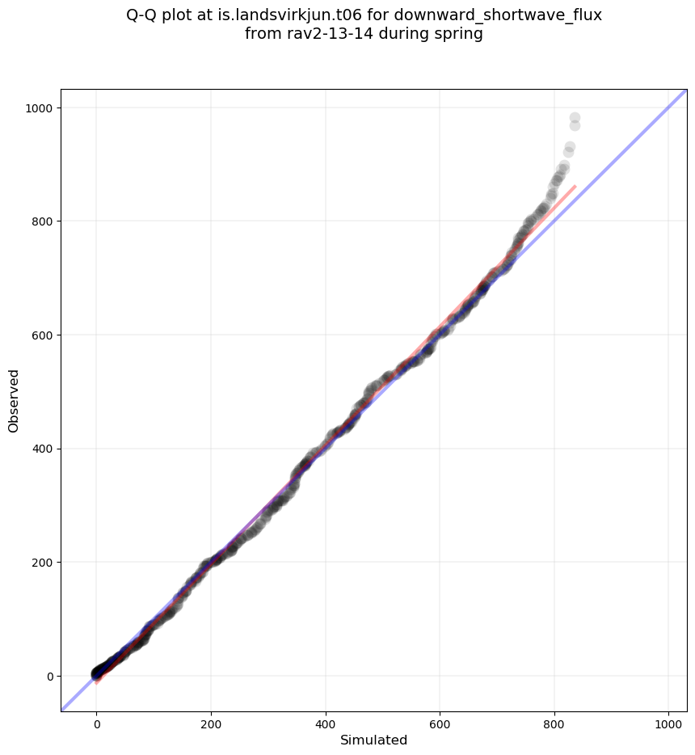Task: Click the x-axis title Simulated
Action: tap(373, 740)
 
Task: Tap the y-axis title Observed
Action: tap(14, 400)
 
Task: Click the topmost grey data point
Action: tap(575, 118)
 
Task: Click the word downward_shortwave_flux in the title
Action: tap(498, 15)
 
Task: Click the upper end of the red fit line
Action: tap(575, 187)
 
